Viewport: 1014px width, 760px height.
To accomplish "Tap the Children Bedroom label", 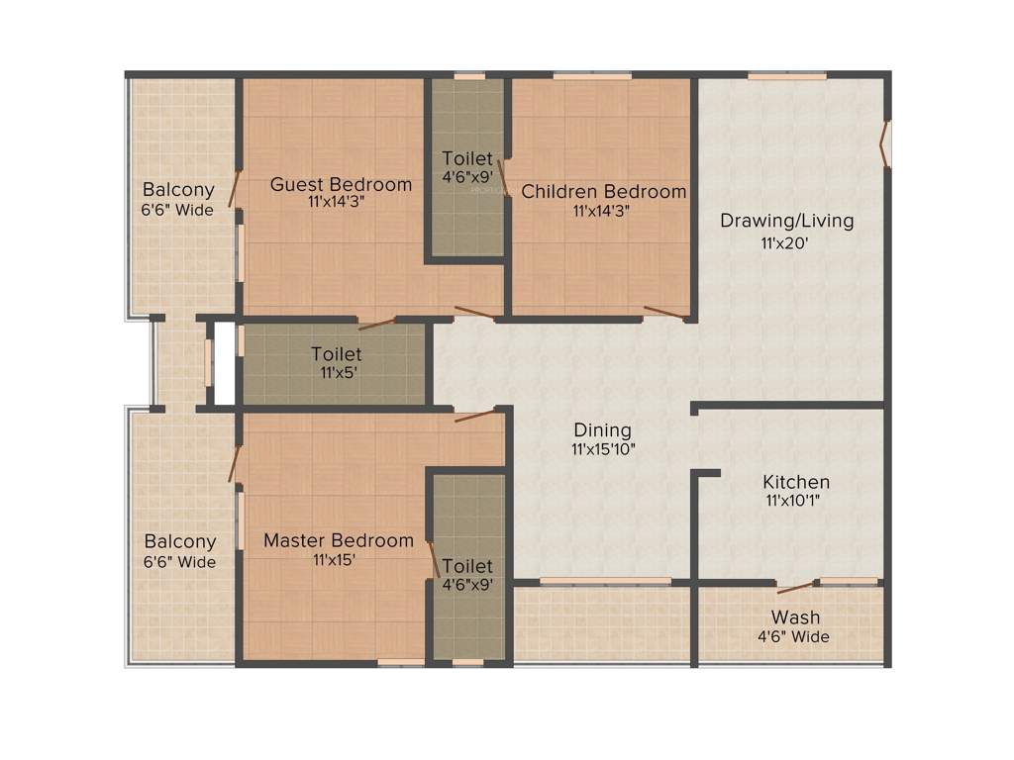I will click(x=604, y=191).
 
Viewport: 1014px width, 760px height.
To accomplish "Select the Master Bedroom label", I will click(x=339, y=540).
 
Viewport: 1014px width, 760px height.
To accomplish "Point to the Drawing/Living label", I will click(x=786, y=220).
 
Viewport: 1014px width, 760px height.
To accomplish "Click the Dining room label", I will click(x=602, y=430).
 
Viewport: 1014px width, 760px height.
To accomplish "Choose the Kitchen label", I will click(x=796, y=482).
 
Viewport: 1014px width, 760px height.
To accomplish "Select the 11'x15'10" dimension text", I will click(x=602, y=449).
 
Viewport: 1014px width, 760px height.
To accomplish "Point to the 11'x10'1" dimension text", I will click(x=795, y=501).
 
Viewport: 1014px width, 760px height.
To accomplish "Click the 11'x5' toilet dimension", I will click(x=336, y=372).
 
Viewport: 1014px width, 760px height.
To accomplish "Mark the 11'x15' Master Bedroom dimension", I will click(x=334, y=559).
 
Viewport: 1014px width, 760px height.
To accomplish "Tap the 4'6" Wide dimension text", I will click(x=794, y=637).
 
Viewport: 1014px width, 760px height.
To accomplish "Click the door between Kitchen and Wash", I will click(x=796, y=587).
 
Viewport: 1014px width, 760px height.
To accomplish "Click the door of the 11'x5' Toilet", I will click(x=376, y=323).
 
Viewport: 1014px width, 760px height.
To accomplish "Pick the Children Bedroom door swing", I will click(x=666, y=314).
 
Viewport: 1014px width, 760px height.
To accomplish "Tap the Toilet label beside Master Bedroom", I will click(x=467, y=566).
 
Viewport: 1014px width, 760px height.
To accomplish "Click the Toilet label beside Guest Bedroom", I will click(x=467, y=158).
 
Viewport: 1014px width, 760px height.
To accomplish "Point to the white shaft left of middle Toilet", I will click(x=225, y=362).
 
